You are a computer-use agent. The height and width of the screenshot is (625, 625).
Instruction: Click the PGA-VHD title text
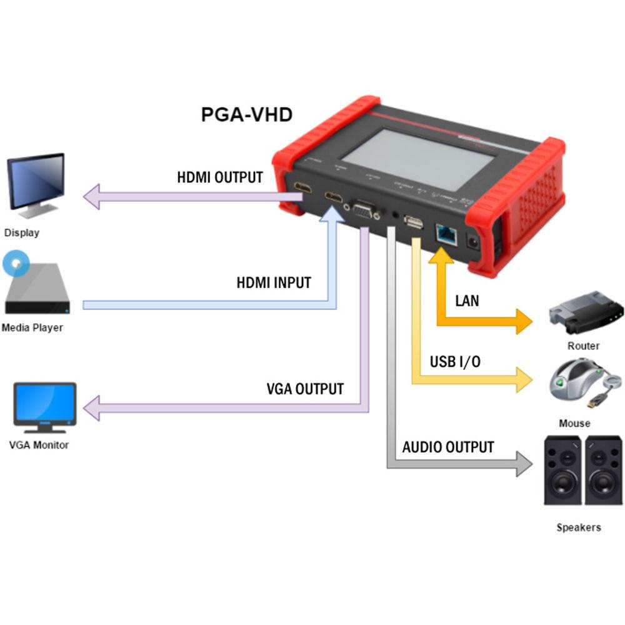coord(246,115)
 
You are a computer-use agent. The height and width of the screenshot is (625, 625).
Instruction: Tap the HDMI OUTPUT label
coord(220,177)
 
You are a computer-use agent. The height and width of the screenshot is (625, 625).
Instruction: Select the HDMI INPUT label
coord(273,282)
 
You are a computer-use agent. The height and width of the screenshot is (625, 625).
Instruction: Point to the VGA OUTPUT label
coord(305,389)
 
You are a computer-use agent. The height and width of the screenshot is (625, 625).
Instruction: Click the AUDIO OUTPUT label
coord(447,447)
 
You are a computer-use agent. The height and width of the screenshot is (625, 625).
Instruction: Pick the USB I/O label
coord(455,362)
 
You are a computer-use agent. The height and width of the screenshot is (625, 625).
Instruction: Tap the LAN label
coord(467,301)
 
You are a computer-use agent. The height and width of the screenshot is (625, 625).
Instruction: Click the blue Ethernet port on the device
coord(446,236)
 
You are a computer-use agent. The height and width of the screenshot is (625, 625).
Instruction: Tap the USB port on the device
coord(413,224)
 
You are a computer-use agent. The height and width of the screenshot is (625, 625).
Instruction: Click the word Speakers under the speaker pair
coord(578,527)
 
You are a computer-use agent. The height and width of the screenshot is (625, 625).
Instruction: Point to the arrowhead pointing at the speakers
coord(524,463)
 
